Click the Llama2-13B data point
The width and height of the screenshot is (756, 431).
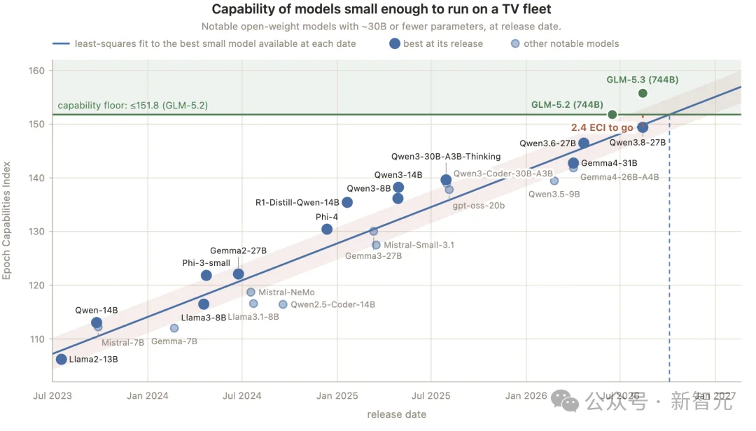[x=61, y=359]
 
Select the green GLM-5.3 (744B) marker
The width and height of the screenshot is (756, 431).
[x=643, y=93]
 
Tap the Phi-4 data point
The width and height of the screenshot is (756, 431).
[x=327, y=229]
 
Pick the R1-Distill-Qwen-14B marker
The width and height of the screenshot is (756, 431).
[x=347, y=202]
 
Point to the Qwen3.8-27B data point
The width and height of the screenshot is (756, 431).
[x=643, y=127]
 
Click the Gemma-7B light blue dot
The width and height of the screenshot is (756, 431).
[x=174, y=328]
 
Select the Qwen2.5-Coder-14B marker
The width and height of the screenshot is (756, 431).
[x=283, y=304]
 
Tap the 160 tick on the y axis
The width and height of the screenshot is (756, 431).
[x=36, y=71]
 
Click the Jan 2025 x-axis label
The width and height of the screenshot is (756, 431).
[x=337, y=396]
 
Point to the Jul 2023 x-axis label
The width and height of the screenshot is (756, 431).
[x=52, y=396]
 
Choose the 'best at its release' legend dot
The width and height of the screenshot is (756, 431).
[x=395, y=43]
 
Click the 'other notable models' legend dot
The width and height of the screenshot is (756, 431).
[x=515, y=43]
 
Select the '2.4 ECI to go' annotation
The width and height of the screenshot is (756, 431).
[x=602, y=127]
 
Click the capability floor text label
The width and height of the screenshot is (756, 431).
[x=132, y=105]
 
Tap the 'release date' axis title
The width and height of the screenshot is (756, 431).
[x=397, y=414]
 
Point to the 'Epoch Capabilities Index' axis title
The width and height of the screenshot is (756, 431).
[x=6, y=220]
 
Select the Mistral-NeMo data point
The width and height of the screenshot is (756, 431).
[x=251, y=292]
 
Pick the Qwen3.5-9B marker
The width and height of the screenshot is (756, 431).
[x=554, y=181]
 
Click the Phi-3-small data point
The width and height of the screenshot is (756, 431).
[x=206, y=275]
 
